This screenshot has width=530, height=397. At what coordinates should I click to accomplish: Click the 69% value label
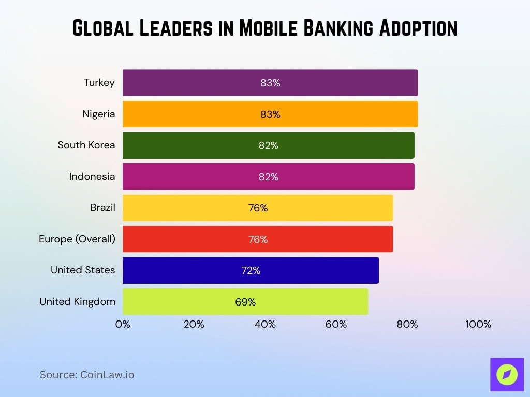(x=245, y=302)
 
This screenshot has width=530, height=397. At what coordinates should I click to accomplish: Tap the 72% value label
(x=251, y=271)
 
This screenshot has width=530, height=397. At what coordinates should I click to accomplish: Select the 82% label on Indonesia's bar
(x=269, y=177)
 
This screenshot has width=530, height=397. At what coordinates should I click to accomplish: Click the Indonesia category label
(x=92, y=176)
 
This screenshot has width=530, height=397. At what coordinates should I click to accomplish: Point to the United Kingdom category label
(x=77, y=301)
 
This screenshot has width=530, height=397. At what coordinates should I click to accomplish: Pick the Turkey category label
(x=99, y=82)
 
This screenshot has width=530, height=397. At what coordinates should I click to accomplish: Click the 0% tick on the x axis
(x=123, y=325)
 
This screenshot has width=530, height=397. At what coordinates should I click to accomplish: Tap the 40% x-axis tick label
(x=265, y=325)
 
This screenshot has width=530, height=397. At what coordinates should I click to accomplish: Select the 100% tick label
(x=478, y=325)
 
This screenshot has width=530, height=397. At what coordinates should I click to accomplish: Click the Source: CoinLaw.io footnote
(x=87, y=375)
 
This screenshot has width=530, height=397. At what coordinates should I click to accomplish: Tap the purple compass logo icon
(x=507, y=374)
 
